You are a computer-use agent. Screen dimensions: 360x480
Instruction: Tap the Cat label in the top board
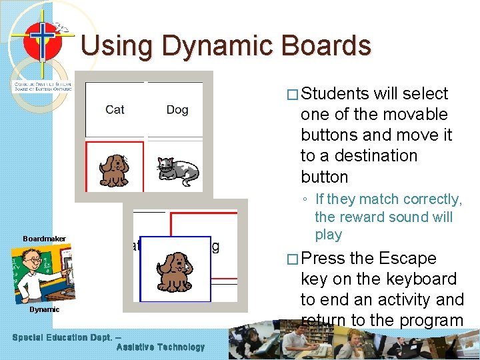pos(115,109)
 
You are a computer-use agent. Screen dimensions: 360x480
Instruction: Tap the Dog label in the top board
pos(177,109)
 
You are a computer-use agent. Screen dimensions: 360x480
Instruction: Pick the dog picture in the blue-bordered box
pos(175,271)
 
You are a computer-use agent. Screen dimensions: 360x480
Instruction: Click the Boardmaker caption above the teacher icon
pos(44,239)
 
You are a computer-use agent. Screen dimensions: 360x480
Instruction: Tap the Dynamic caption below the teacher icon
pos(44,309)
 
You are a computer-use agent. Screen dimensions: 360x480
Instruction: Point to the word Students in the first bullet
pos(339,93)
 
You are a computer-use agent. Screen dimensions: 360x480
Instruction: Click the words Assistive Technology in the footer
pos(161,347)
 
